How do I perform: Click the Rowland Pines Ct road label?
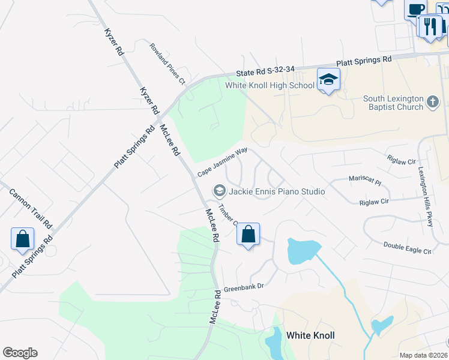click(x=167, y=63)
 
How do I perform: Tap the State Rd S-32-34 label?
click(x=265, y=70)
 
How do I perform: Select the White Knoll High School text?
click(x=270, y=85)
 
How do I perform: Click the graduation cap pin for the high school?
click(x=328, y=80)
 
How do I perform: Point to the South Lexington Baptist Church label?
click(x=393, y=103)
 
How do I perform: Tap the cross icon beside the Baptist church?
click(x=433, y=102)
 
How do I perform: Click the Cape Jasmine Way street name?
click(x=222, y=162)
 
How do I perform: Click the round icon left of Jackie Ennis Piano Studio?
click(x=219, y=191)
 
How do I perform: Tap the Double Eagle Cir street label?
click(x=408, y=248)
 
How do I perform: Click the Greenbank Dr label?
click(x=244, y=288)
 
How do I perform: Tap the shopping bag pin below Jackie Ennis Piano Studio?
click(x=249, y=234)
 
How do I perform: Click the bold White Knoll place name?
click(x=310, y=335)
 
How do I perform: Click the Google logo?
click(x=20, y=353)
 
